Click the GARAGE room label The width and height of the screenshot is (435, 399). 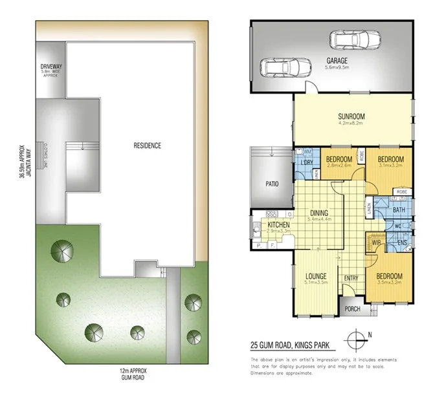click(337, 58)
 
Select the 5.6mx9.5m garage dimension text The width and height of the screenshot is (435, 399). click(337, 67)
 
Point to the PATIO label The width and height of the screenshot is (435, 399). click(272, 184)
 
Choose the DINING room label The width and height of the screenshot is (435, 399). click(319, 213)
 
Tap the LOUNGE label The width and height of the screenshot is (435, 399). click(316, 276)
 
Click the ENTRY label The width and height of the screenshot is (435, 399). click(351, 278)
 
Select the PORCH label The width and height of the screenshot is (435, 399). click(353, 308)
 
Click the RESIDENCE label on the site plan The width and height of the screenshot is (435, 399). click(148, 146)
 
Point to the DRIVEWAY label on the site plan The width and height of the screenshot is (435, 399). click(50, 66)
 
